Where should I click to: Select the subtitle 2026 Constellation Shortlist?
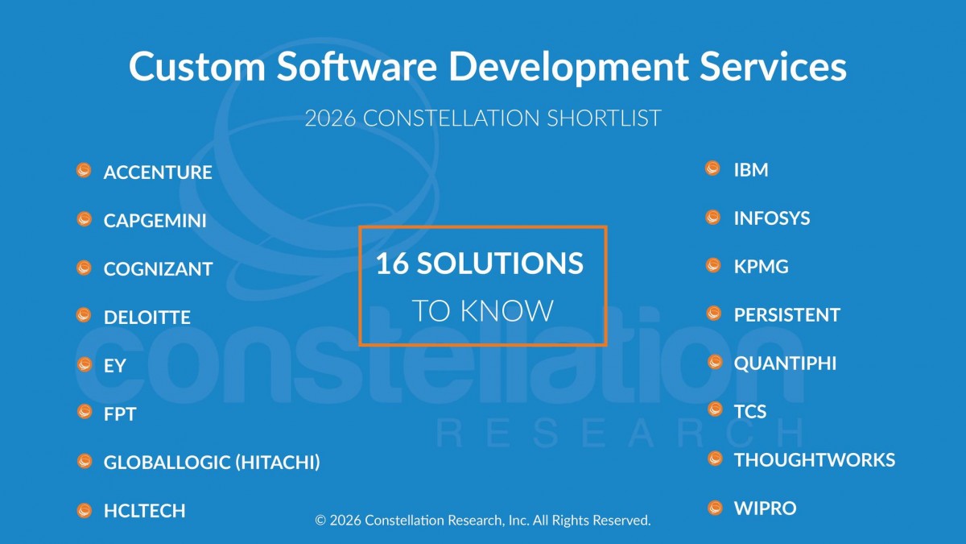coord(483,118)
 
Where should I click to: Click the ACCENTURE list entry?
coord(158,172)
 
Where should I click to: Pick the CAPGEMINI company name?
coord(155,221)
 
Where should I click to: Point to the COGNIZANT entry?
coord(158,269)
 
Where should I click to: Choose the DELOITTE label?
coord(147,318)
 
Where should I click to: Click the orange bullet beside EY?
coord(84,364)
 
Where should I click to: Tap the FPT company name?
coord(120,414)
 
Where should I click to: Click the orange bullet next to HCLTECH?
coord(84,509)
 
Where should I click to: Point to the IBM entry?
coord(751,170)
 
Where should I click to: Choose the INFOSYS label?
coord(772,218)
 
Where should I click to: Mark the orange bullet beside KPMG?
coord(713,265)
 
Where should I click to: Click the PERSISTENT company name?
coord(786,315)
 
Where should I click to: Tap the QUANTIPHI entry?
coord(785,363)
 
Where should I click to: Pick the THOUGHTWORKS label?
coord(814,460)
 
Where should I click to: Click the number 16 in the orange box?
coord(393,264)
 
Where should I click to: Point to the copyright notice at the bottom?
coord(483,521)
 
